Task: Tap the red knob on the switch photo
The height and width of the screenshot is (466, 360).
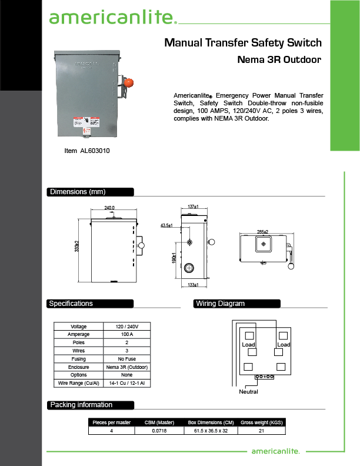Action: tap(132, 82)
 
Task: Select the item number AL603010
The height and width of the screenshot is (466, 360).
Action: tap(87, 151)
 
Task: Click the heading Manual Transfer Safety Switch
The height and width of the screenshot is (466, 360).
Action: tap(243, 42)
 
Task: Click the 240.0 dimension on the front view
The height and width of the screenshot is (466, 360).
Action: tap(109, 208)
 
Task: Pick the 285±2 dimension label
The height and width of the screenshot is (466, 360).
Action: tap(263, 231)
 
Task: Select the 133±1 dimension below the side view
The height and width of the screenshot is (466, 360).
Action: tap(193, 285)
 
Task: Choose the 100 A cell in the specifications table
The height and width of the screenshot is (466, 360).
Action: tap(126, 334)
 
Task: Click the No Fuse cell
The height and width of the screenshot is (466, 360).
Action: tap(126, 358)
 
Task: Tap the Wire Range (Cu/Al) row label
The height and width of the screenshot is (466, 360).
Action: tap(78, 383)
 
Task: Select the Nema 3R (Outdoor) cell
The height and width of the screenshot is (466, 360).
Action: tap(126, 367)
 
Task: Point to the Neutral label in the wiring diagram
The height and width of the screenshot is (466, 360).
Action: tap(249, 391)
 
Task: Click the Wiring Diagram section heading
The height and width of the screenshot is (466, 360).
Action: tap(220, 304)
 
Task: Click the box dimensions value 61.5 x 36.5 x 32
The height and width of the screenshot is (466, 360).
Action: tap(211, 431)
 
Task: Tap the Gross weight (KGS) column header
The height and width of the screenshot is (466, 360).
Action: tap(262, 422)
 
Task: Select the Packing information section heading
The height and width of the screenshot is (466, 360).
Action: tap(81, 405)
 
